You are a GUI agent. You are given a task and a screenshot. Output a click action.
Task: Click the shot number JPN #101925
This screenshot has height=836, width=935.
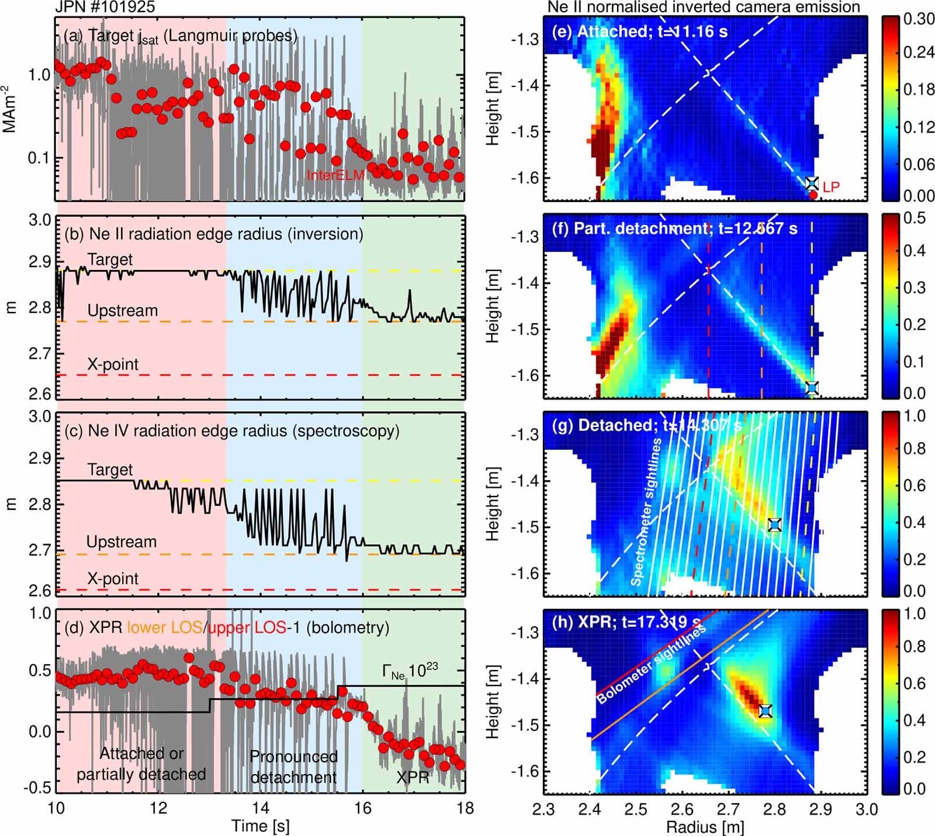(x=105, y=7)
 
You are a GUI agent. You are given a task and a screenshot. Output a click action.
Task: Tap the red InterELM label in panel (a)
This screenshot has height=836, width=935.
(x=335, y=175)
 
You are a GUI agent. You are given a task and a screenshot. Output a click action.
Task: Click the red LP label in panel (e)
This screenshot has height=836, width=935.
(x=831, y=187)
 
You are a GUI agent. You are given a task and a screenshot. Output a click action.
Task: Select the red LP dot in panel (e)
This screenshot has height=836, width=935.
(x=813, y=195)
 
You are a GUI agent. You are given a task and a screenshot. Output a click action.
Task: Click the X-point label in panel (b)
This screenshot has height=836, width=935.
(x=113, y=365)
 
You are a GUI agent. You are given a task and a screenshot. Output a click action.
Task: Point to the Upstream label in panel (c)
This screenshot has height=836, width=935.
(x=122, y=542)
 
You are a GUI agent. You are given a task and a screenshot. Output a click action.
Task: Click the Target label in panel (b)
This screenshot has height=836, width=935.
(x=110, y=259)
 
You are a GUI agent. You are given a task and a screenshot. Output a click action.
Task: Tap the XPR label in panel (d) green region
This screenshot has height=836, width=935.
(x=413, y=778)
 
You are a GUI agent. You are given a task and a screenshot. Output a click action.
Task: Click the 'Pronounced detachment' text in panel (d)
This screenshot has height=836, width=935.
(x=293, y=766)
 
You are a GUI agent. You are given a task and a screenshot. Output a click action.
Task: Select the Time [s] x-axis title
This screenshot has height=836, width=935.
(x=260, y=826)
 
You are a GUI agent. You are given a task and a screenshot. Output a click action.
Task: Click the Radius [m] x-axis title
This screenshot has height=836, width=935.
(x=705, y=827)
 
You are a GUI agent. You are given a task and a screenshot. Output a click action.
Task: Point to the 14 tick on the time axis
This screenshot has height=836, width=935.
(x=260, y=808)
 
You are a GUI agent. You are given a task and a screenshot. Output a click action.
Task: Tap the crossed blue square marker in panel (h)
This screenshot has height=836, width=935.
(x=766, y=710)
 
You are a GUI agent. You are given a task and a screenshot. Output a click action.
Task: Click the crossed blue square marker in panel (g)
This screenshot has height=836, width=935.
(x=774, y=525)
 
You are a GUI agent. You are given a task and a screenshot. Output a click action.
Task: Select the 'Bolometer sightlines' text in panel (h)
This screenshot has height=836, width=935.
(x=652, y=663)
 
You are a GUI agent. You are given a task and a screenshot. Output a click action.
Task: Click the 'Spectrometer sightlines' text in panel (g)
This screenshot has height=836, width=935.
(x=646, y=512)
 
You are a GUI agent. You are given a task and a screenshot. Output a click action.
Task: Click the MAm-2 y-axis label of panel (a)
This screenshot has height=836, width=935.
(x=9, y=109)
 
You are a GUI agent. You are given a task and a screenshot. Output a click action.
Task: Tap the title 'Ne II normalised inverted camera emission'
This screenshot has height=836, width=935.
(x=704, y=7)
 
